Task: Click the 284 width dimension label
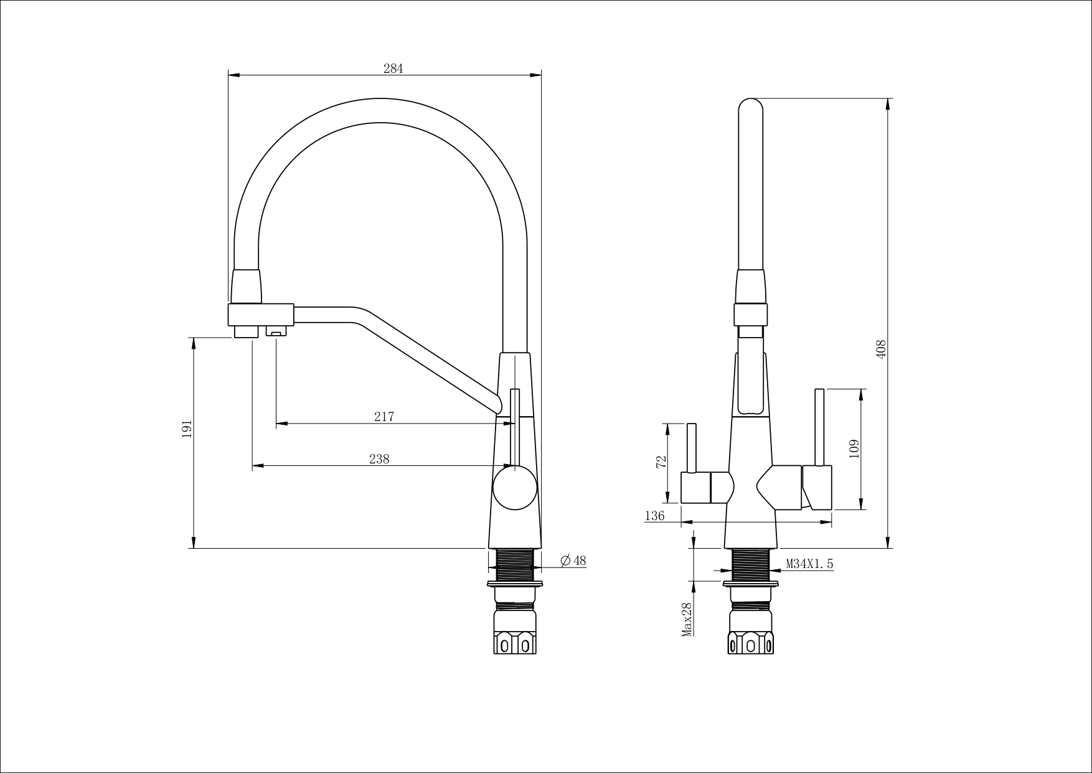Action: point(393,69)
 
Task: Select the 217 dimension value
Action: point(384,417)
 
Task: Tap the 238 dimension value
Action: point(379,459)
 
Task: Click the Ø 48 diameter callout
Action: point(573,561)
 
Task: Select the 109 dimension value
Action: point(854,449)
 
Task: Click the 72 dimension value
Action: point(661,461)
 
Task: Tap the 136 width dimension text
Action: point(654,516)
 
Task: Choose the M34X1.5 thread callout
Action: point(809,564)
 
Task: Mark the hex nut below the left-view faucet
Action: point(515,642)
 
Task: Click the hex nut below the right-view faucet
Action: point(751,642)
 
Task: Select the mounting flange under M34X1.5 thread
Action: point(751,584)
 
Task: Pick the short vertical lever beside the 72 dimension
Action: point(690,448)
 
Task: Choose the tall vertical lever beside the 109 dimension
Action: point(819,428)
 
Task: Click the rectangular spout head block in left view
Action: point(261,315)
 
